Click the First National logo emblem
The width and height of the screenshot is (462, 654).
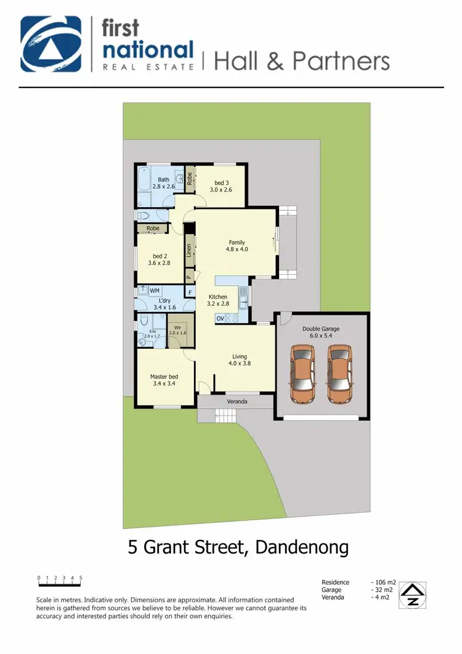pyautogui.click(x=51, y=44)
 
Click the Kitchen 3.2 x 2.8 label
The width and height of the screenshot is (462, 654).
pyautogui.click(x=218, y=300)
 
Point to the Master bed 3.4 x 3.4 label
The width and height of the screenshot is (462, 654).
pyautogui.click(x=164, y=380)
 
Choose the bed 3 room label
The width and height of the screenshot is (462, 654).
pyautogui.click(x=221, y=186)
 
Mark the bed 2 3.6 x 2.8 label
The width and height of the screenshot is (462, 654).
pyautogui.click(x=159, y=260)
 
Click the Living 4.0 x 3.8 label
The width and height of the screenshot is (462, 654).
pyautogui.click(x=240, y=360)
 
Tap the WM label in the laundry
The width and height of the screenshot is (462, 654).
pyautogui.click(x=155, y=290)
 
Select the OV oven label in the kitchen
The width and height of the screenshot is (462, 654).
pyautogui.click(x=220, y=318)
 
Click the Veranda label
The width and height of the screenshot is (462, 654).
pyautogui.click(x=238, y=402)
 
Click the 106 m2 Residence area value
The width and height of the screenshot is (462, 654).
pyautogui.click(x=384, y=582)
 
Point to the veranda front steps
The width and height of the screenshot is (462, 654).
pyautogui.click(x=225, y=417)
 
